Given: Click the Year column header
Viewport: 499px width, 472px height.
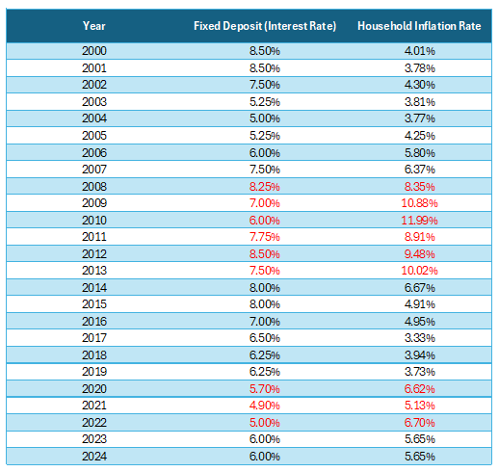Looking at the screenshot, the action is point(93,26).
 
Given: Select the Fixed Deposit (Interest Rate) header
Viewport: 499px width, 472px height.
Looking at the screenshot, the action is point(265,26).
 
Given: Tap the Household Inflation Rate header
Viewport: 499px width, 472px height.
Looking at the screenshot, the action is point(419,26).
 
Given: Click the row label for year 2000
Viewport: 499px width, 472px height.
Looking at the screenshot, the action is point(94,51).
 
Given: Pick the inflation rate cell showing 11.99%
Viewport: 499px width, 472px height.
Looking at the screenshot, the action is point(419,221).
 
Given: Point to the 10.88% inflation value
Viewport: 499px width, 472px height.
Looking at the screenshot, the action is point(419,203).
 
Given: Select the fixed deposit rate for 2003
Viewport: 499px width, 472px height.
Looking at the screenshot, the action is point(265,102).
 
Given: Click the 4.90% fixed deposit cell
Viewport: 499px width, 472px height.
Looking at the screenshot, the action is point(265,406).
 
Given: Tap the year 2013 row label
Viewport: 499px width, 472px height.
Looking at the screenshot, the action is point(94,271).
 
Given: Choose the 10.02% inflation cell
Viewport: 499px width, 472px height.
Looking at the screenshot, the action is point(419,271).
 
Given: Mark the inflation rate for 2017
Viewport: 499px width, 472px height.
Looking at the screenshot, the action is point(419,338).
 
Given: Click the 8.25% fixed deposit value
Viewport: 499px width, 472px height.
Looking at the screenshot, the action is point(265,187).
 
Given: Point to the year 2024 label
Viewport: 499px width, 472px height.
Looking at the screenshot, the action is point(94,456).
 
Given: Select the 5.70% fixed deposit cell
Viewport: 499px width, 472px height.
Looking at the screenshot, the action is point(265,389).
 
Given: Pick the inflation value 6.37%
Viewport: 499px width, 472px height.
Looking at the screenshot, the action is point(419,170).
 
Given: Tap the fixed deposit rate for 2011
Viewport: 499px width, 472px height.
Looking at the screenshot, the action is point(265,237).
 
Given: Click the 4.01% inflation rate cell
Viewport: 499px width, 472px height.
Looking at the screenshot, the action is point(419,51).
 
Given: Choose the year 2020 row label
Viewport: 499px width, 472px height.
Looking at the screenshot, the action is point(94,389).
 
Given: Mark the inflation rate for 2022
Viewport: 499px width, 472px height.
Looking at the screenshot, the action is point(419,422).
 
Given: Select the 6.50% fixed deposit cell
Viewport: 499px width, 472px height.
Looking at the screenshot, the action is point(265,338).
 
